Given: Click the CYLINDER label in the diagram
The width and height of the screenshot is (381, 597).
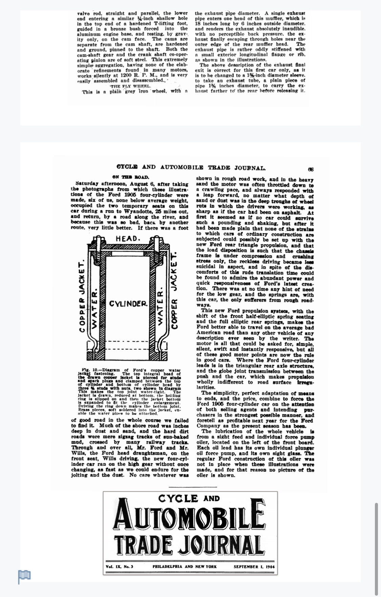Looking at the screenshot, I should click(x=128, y=303).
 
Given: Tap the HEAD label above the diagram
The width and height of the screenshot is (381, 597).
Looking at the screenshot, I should click(x=128, y=239).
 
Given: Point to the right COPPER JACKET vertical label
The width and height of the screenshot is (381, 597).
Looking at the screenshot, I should click(x=175, y=291).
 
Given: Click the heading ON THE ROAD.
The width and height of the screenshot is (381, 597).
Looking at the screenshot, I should click(x=131, y=177).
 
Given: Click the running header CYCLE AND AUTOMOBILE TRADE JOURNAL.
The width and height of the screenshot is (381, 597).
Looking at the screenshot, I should click(x=191, y=167).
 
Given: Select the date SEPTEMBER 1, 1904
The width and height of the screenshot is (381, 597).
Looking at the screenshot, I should click(x=254, y=566).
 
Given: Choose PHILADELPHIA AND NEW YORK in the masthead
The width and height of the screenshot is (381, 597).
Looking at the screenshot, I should click(x=185, y=566).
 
